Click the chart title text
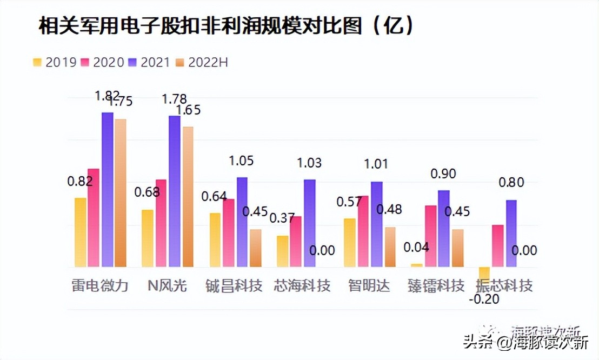[x=227, y=25]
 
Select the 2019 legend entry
[x=54, y=62]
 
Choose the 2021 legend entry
[x=150, y=62]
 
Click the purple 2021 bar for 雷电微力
[x=107, y=189]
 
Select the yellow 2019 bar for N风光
[x=147, y=238]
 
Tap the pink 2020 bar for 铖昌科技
[x=228, y=232]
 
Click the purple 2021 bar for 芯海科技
[x=309, y=223]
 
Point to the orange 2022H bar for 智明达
[x=390, y=246]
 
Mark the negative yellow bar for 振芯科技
[x=484, y=272]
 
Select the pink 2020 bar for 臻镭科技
[x=430, y=236]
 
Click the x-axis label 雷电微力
[x=99, y=285]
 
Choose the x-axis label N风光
[x=167, y=285]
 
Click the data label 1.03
[x=309, y=163]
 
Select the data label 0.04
[x=416, y=247]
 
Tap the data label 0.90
[x=443, y=174]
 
